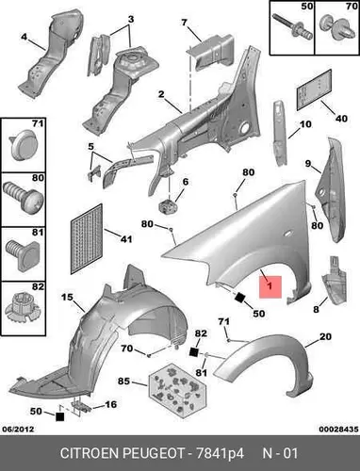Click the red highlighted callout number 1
[270, 286]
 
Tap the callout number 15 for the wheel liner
[67, 297]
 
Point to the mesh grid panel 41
[87, 239]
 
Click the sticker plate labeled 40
[314, 89]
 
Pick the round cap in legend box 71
[22, 145]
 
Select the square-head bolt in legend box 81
[23, 255]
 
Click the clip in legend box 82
[23, 309]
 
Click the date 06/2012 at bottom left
[18, 429]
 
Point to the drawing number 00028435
[338, 429]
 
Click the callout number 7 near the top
[184, 23]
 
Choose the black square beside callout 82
[194, 352]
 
